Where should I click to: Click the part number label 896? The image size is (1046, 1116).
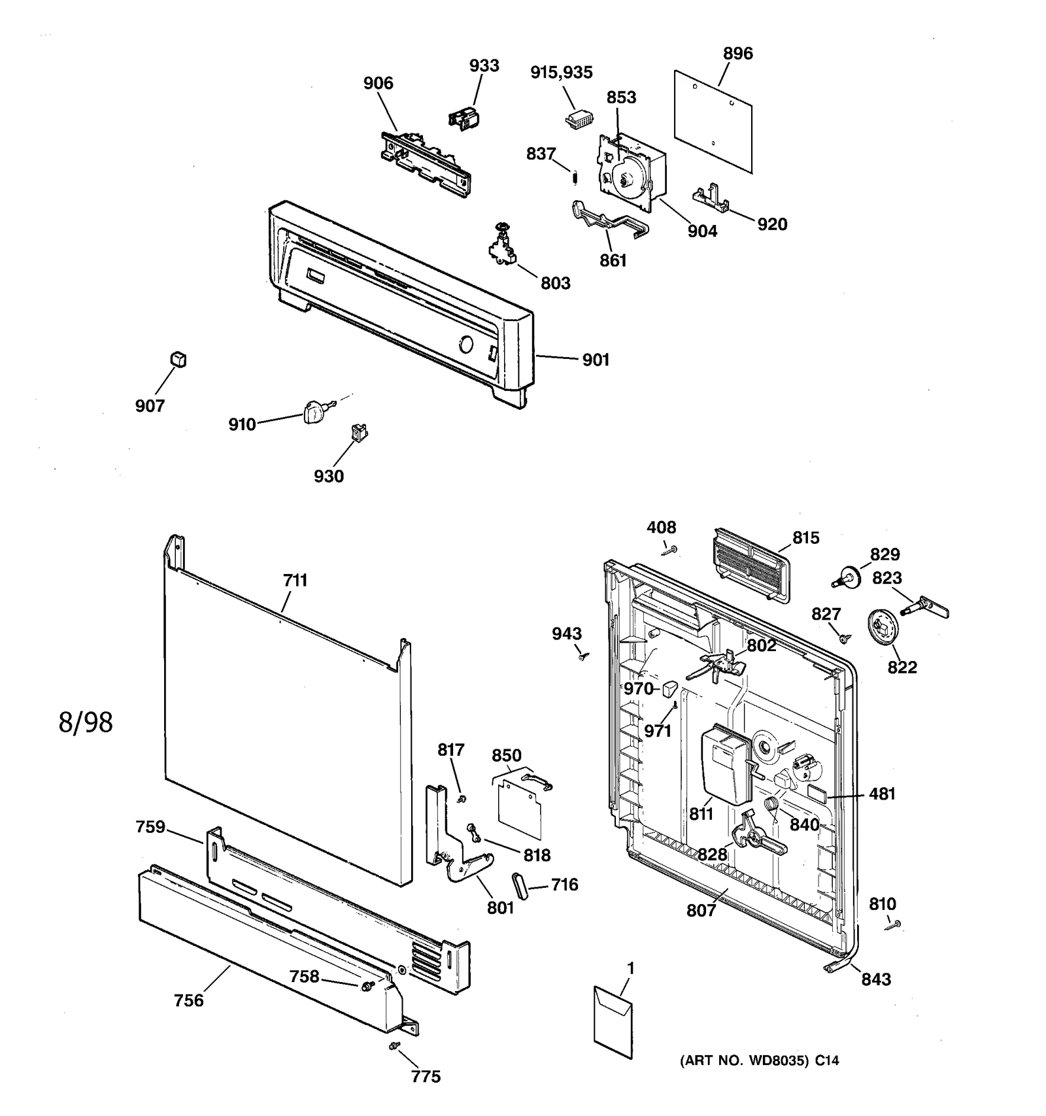[737, 54]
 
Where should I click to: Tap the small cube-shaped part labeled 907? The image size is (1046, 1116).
[178, 360]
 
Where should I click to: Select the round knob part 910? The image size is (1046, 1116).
[314, 413]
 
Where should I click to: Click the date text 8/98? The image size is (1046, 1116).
[86, 722]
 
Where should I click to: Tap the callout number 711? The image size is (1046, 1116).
[295, 580]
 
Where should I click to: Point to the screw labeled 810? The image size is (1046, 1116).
[893, 924]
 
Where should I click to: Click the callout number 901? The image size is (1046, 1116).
[596, 360]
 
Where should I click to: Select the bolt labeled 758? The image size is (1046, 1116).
[367, 985]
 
